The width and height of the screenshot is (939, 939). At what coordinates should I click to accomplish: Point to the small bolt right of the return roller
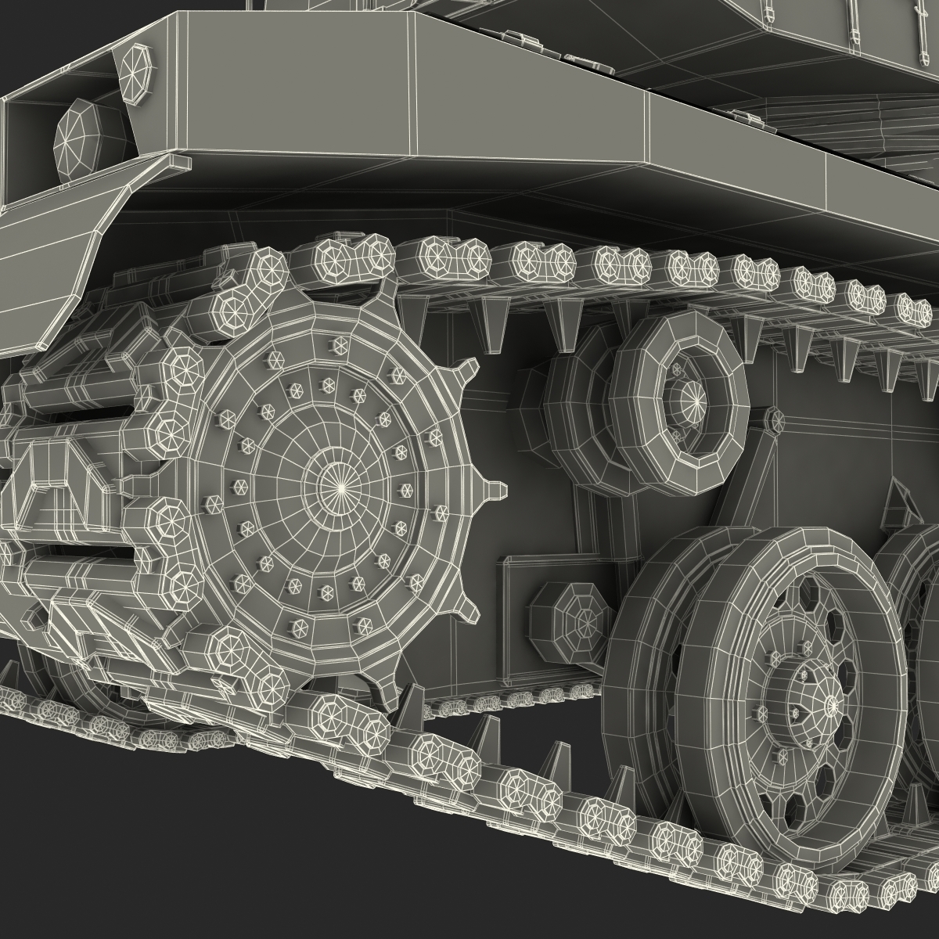775,421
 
